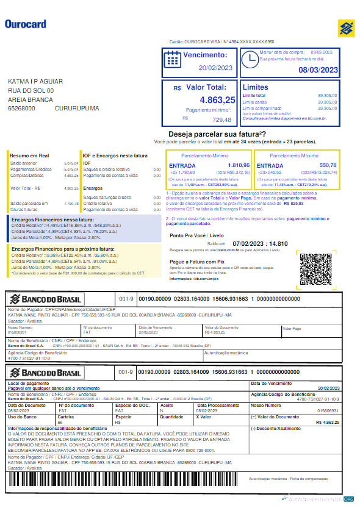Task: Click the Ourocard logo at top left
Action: point(26,24)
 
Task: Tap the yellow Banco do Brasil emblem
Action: point(347,28)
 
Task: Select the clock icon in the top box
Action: point(250,59)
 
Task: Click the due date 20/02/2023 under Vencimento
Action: point(216,68)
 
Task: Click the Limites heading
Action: point(255,87)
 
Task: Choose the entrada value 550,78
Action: point(328,165)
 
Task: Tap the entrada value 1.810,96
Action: point(239,165)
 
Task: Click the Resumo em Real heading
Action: point(29,156)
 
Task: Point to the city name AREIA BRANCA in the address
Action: point(31,99)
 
